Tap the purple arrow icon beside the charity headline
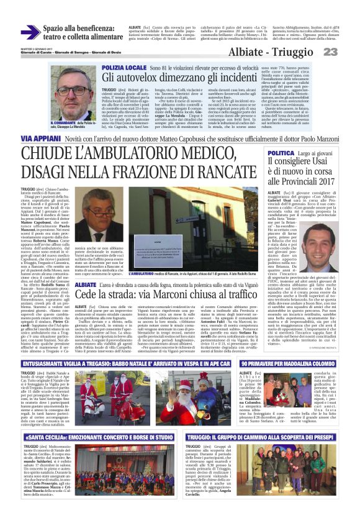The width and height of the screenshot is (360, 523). (x=30, y=32)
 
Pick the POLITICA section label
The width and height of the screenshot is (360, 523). (x=282, y=152)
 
